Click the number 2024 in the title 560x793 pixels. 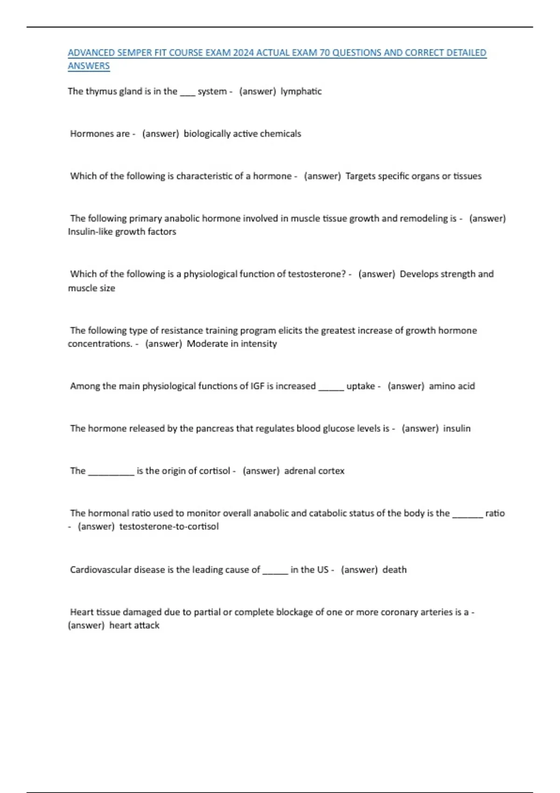(x=243, y=53)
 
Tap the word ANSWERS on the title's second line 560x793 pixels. (x=89, y=66)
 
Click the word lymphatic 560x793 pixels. (x=301, y=91)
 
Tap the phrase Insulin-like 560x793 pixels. (x=90, y=232)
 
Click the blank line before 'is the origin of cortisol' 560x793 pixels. (x=111, y=472)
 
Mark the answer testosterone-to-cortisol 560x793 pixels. (x=169, y=527)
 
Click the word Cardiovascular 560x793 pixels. (x=100, y=570)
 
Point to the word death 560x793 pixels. (x=394, y=570)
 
